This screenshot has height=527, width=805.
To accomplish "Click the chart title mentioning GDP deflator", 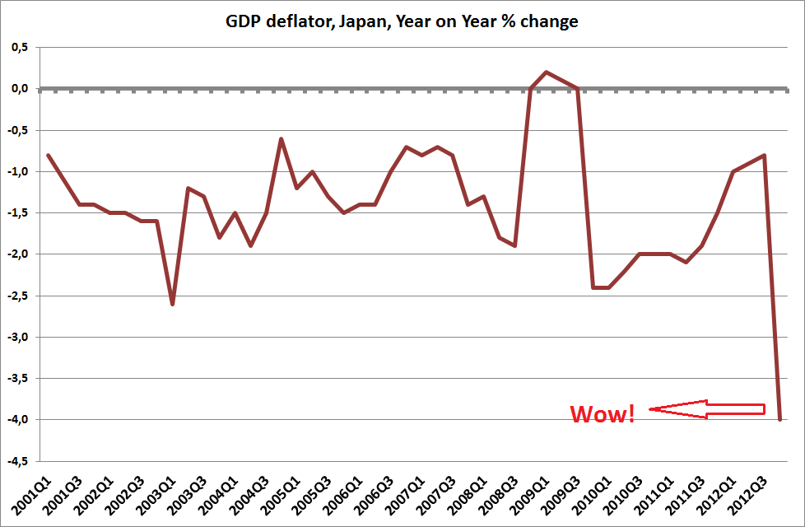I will click(x=402, y=21).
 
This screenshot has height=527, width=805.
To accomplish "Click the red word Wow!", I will click(x=603, y=413).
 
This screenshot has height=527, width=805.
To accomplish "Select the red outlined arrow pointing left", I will click(x=706, y=409).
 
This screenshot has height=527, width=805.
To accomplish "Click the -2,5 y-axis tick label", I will click(x=18, y=296).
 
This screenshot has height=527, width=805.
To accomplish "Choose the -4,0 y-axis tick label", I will click(x=18, y=420).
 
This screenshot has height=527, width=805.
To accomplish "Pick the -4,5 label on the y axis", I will click(x=18, y=461).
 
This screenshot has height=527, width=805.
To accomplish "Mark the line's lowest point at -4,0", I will click(x=779, y=419).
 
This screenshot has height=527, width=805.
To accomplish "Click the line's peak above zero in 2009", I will click(x=547, y=72).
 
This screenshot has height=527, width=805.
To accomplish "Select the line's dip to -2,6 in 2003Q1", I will click(x=173, y=304).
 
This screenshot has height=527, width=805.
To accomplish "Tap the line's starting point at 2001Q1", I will click(x=49, y=155).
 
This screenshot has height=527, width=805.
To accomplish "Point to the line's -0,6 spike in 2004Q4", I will click(x=282, y=138).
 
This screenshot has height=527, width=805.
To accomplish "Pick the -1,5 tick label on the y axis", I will click(x=18, y=213).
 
